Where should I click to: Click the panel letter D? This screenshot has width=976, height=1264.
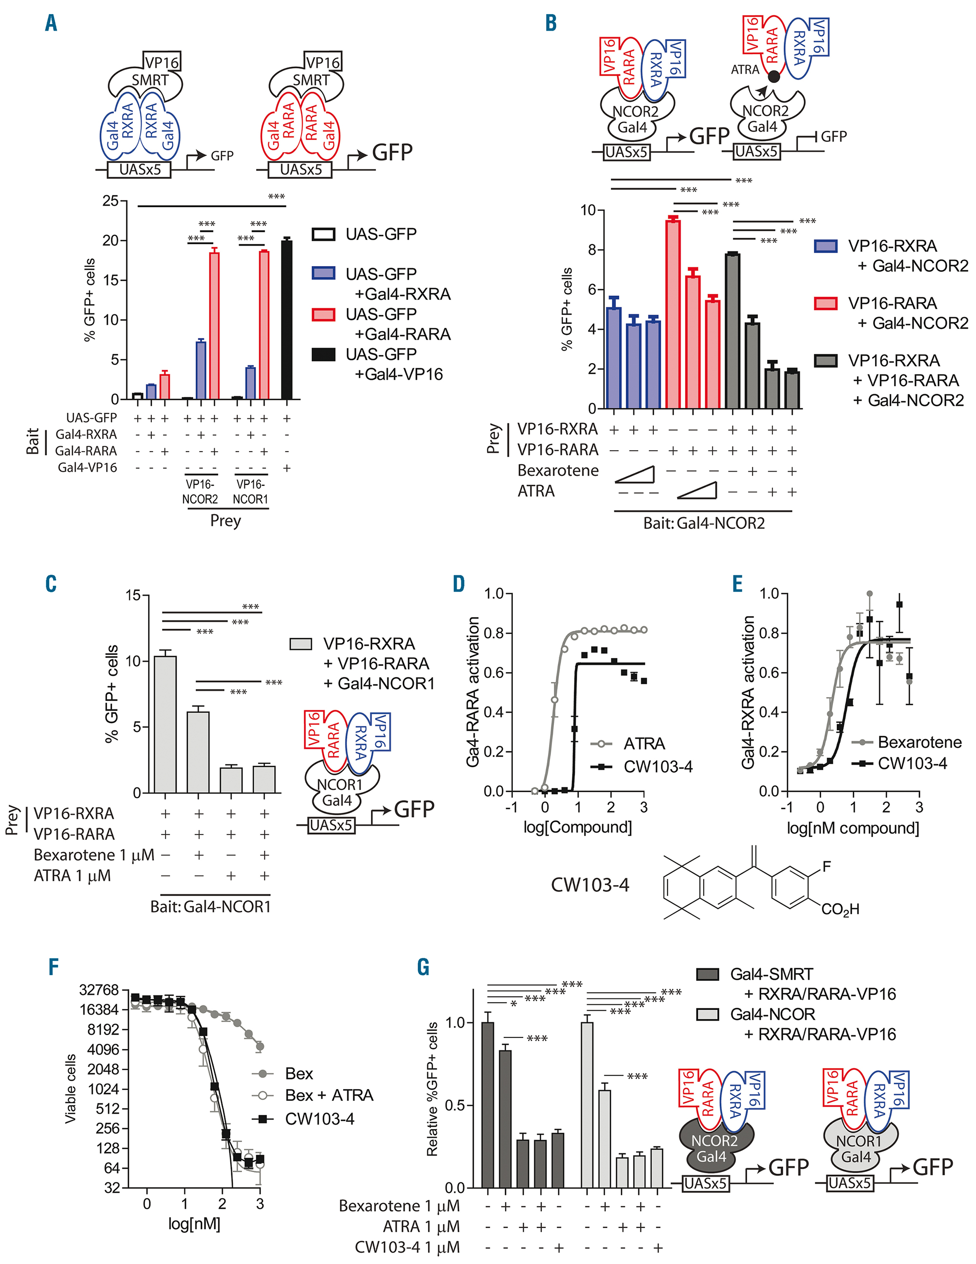click(x=459, y=584)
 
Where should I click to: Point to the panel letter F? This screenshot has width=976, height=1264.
click(x=53, y=967)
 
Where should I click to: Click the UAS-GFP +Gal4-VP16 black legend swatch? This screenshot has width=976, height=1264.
click(x=324, y=354)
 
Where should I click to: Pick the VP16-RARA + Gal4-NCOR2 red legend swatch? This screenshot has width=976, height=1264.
click(x=826, y=303)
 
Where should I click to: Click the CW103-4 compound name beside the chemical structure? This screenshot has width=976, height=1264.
click(x=590, y=885)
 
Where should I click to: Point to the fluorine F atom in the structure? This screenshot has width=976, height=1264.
click(x=826, y=867)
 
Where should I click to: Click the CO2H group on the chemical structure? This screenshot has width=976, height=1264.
click(x=840, y=909)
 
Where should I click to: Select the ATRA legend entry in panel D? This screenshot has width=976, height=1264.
click(x=643, y=744)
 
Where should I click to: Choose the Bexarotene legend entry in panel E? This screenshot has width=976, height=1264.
click(x=919, y=742)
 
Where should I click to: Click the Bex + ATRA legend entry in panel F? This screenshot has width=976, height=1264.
click(x=328, y=1095)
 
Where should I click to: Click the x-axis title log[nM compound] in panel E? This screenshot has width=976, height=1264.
click(x=853, y=828)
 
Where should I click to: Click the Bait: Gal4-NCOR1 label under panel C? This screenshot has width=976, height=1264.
click(x=211, y=906)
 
